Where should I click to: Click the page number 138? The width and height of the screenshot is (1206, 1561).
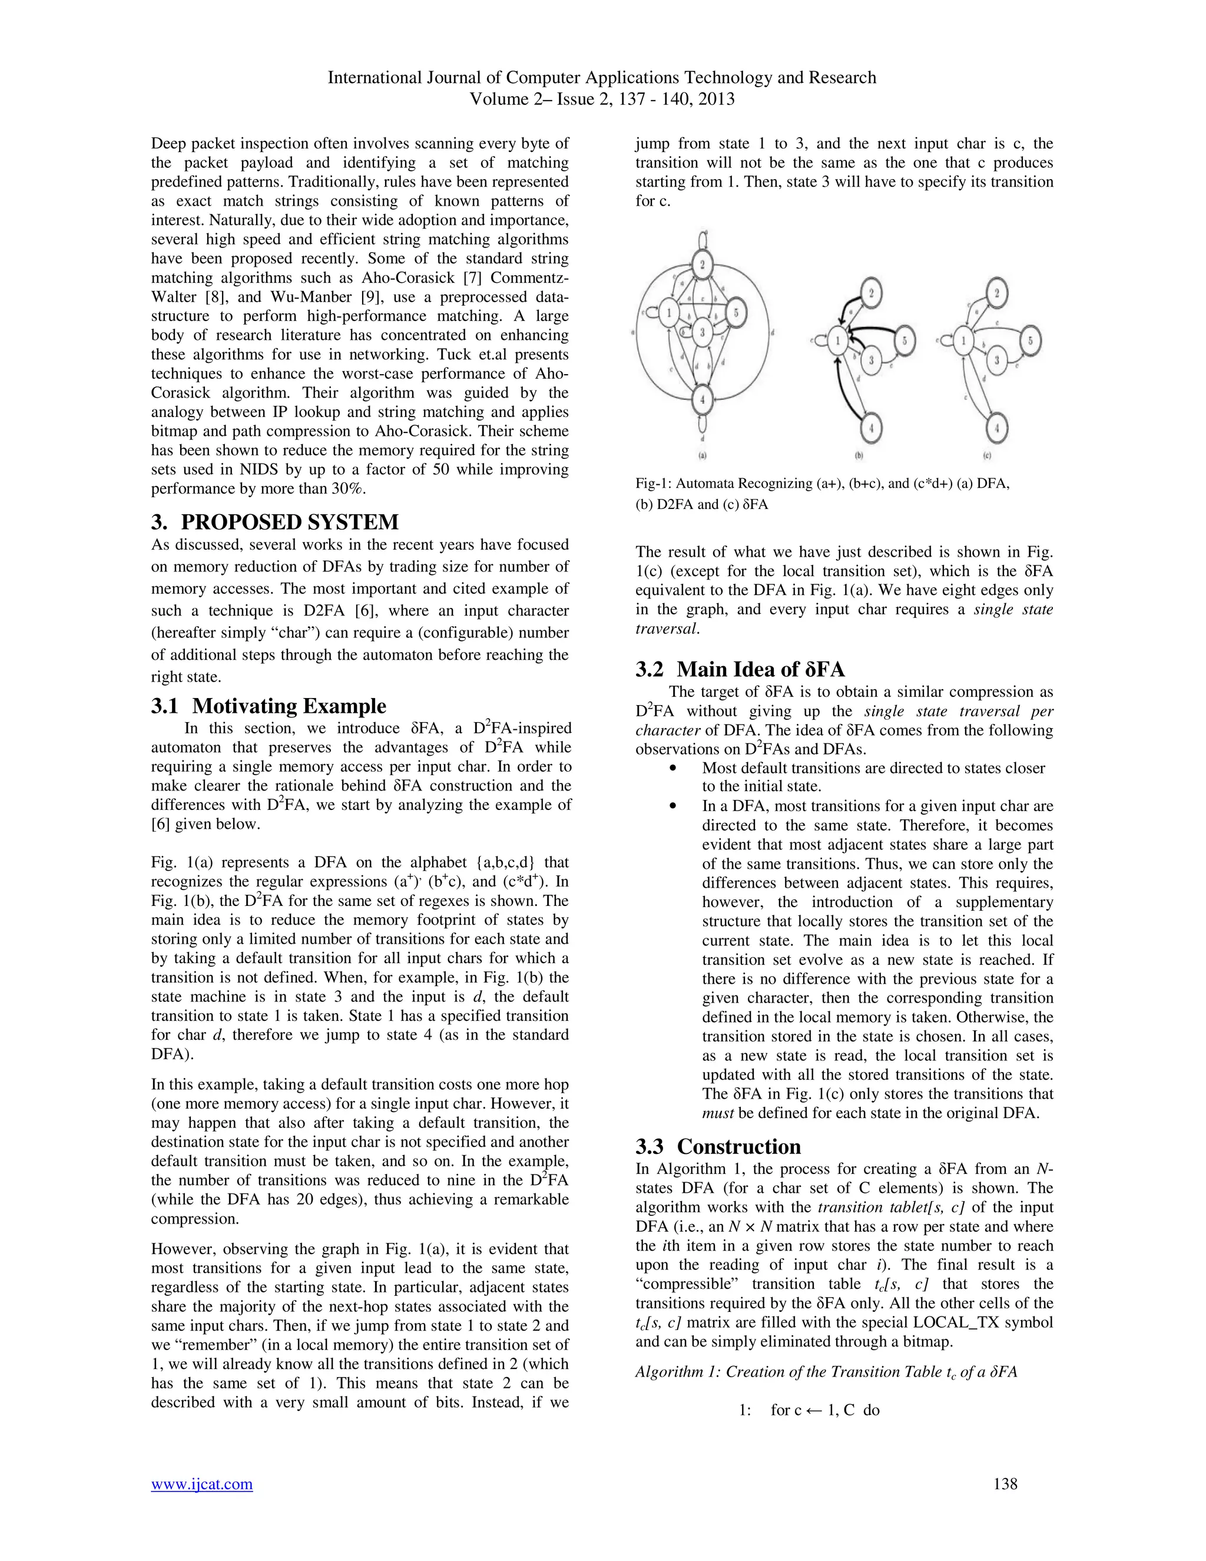click(x=1005, y=1484)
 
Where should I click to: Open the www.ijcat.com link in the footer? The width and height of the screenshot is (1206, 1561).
click(x=201, y=1484)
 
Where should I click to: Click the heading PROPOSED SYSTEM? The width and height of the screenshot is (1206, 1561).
click(x=289, y=521)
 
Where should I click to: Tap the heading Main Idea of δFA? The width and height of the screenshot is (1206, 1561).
click(x=760, y=669)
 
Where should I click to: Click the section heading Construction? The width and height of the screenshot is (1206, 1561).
click(x=739, y=1146)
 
